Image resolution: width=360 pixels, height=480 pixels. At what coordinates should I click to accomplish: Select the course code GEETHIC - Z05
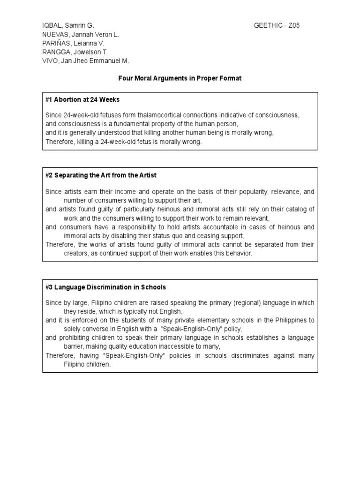point(277,25)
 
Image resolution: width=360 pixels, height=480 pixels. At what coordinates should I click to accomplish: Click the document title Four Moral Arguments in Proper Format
point(180,78)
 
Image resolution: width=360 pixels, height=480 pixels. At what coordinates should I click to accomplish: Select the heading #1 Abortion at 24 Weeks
point(82,100)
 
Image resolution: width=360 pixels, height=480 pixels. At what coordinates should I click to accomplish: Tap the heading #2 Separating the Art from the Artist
point(101,175)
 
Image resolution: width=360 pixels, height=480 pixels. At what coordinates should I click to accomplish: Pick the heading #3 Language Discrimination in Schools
point(105,287)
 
